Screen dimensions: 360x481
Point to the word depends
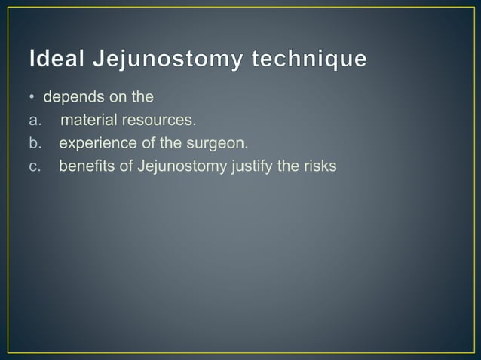(x=72, y=97)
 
